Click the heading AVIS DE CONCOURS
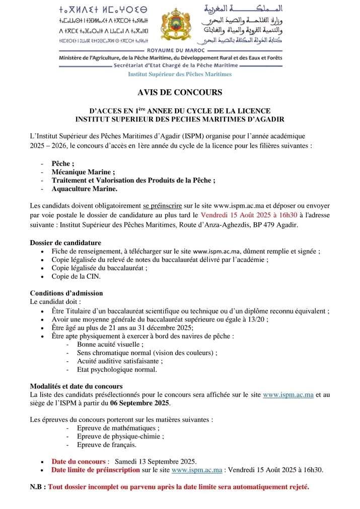(x=180, y=92)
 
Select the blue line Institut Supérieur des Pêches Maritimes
(x=180, y=74)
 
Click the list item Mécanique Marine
(x=83, y=171)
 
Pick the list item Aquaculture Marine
(x=84, y=188)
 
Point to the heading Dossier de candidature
(x=65, y=242)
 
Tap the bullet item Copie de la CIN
(x=76, y=276)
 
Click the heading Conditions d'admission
(x=66, y=293)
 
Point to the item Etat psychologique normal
(x=117, y=369)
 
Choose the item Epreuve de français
(x=107, y=445)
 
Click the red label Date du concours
(x=79, y=461)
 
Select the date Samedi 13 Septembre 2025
(x=156, y=461)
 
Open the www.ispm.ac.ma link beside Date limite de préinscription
(x=197, y=470)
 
